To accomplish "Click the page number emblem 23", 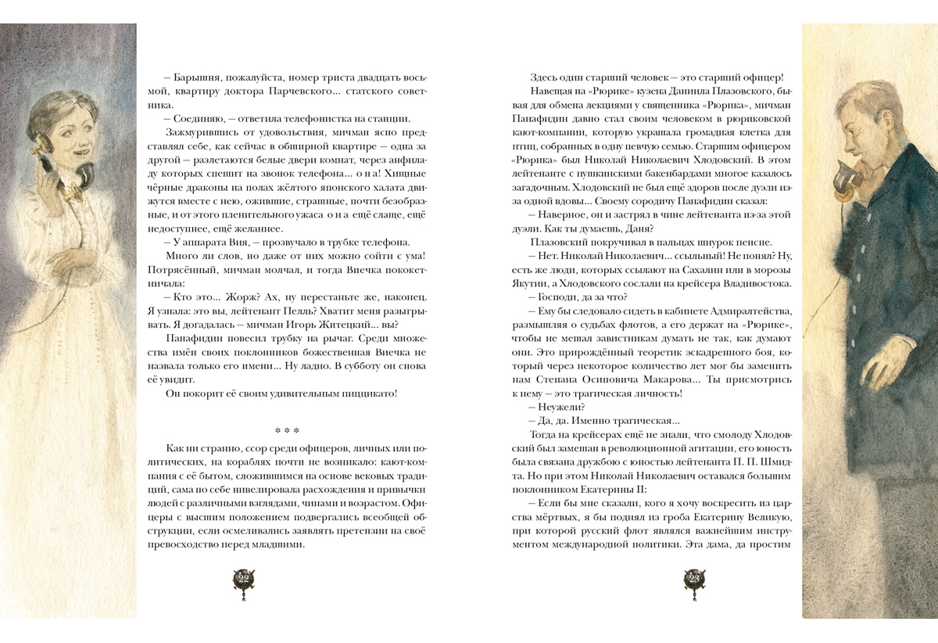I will coord(694,580).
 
